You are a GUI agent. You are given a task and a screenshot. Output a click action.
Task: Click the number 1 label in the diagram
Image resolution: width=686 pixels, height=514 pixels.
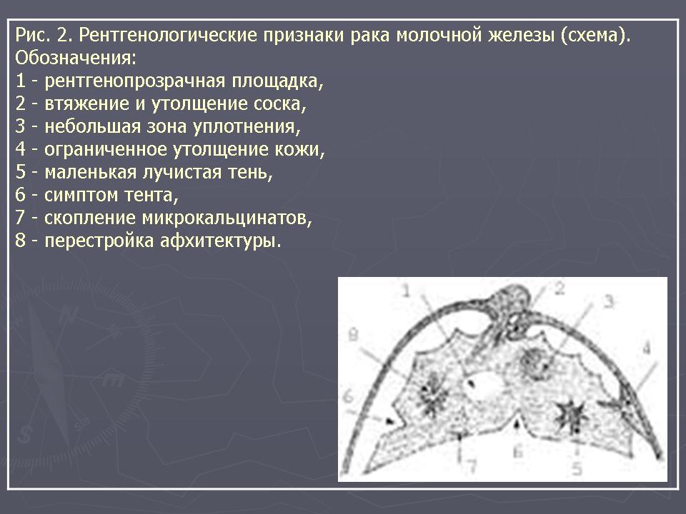tap(407, 291)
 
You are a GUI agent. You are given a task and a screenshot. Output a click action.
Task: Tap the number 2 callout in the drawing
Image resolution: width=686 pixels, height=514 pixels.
tap(560, 288)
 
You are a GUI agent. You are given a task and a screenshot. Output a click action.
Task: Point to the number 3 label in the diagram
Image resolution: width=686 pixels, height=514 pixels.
tap(609, 301)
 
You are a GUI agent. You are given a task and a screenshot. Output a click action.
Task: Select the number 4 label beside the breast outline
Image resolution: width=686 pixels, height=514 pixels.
tap(647, 348)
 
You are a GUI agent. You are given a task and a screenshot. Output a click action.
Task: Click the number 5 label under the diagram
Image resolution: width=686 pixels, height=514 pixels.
tap(577, 469)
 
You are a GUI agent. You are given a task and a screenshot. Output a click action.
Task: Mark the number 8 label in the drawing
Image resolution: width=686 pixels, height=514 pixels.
tap(353, 336)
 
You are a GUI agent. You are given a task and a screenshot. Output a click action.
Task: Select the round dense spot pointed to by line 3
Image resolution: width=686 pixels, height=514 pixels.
tap(535, 363)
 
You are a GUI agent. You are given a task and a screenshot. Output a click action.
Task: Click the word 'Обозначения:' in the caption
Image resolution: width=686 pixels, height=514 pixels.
tap(76, 58)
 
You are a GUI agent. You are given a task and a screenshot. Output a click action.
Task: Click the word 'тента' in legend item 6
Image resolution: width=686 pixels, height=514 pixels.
tap(151, 195)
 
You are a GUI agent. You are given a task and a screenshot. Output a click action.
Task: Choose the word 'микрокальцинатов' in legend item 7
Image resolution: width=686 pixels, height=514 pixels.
tap(227, 218)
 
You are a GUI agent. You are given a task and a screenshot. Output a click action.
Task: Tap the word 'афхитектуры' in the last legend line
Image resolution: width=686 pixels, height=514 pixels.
tap(220, 241)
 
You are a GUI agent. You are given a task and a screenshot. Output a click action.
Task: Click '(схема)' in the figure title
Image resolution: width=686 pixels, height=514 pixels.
tap(595, 35)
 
